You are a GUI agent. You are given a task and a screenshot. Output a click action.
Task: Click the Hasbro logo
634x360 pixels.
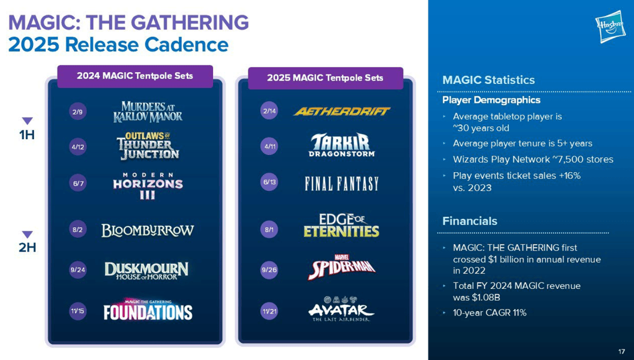[x=610, y=26]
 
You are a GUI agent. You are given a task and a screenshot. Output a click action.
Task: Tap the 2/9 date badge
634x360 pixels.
[x=77, y=112]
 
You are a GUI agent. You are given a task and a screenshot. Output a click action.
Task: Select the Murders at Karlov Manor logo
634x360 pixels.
[x=147, y=112]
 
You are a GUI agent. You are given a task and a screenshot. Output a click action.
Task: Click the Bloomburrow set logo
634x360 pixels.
[x=147, y=230]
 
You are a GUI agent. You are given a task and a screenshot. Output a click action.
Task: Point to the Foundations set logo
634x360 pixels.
[x=147, y=310]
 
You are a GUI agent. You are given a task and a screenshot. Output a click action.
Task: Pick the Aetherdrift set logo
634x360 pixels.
[x=342, y=111]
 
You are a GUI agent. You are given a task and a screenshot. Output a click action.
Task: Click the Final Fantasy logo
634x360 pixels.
[x=342, y=184]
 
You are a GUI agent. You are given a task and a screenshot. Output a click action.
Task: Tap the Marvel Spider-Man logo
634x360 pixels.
[x=342, y=267]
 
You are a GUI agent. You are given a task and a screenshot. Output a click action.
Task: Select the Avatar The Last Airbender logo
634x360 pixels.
[x=342, y=309]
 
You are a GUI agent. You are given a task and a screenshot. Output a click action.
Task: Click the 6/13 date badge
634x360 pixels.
[x=269, y=182]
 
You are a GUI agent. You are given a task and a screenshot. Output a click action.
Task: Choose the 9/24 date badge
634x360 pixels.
[x=77, y=270]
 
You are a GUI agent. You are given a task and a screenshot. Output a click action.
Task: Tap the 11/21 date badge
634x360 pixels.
[x=269, y=311]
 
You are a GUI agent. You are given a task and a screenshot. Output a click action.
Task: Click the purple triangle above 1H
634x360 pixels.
[x=27, y=120]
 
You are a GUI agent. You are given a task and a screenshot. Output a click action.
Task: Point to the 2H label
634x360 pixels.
[x=27, y=248]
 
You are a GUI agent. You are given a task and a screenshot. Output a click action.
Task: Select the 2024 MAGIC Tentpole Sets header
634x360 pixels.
[x=135, y=76]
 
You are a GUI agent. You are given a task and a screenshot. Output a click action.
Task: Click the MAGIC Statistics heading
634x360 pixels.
[x=488, y=80]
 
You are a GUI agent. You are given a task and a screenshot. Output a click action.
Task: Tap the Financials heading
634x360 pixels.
[x=470, y=221]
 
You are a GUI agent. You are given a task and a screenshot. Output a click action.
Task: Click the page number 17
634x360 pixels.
[x=622, y=351]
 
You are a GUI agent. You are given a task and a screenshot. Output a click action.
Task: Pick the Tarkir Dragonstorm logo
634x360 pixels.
[x=342, y=145]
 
